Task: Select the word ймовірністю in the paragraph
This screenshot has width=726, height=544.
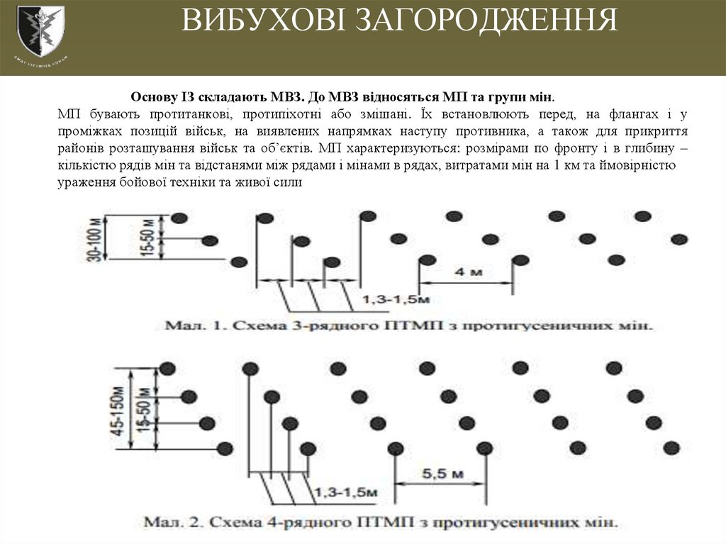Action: (x=641, y=165)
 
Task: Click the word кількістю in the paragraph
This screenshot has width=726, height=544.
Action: (x=86, y=165)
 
